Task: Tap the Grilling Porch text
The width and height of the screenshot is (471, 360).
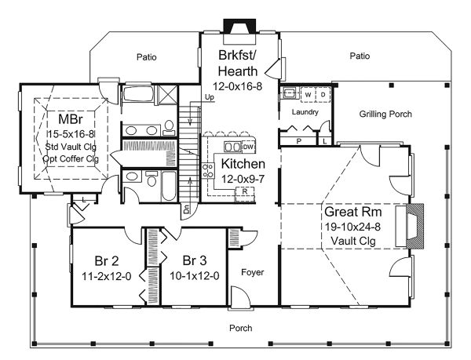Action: tap(385, 115)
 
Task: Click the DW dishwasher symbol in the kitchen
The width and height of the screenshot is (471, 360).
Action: tap(247, 147)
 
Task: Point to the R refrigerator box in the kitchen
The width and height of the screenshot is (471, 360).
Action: tap(245, 191)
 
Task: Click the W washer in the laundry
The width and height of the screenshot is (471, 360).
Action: tap(308, 94)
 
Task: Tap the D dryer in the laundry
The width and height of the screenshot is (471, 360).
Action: tap(320, 94)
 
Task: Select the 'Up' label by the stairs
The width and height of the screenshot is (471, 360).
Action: tap(187, 97)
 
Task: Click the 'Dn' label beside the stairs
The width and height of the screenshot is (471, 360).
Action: tap(186, 209)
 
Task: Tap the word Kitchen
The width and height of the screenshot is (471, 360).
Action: tap(243, 164)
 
